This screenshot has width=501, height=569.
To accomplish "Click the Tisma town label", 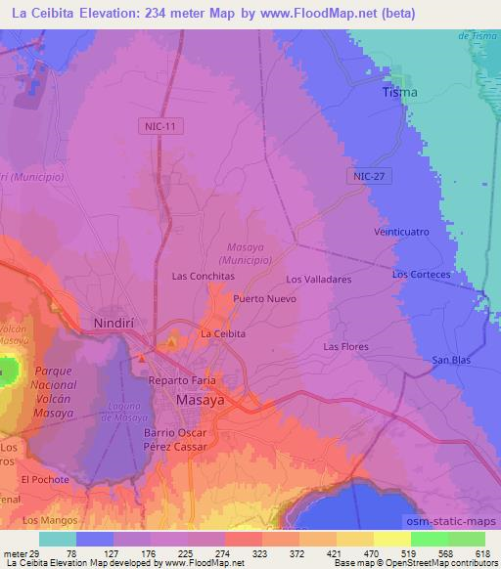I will click(399, 92).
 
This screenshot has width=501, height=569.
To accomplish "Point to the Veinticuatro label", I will click(401, 232).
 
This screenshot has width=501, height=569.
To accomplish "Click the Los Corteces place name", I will click(421, 275).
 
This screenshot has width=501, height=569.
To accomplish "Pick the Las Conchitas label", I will click(204, 276).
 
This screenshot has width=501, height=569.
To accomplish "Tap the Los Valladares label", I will click(318, 279).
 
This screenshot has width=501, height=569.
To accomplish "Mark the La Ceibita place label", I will click(222, 333).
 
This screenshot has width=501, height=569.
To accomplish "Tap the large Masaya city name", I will click(201, 401).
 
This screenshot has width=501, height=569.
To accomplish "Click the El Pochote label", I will click(45, 479).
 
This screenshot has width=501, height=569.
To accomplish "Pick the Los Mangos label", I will click(49, 519).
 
